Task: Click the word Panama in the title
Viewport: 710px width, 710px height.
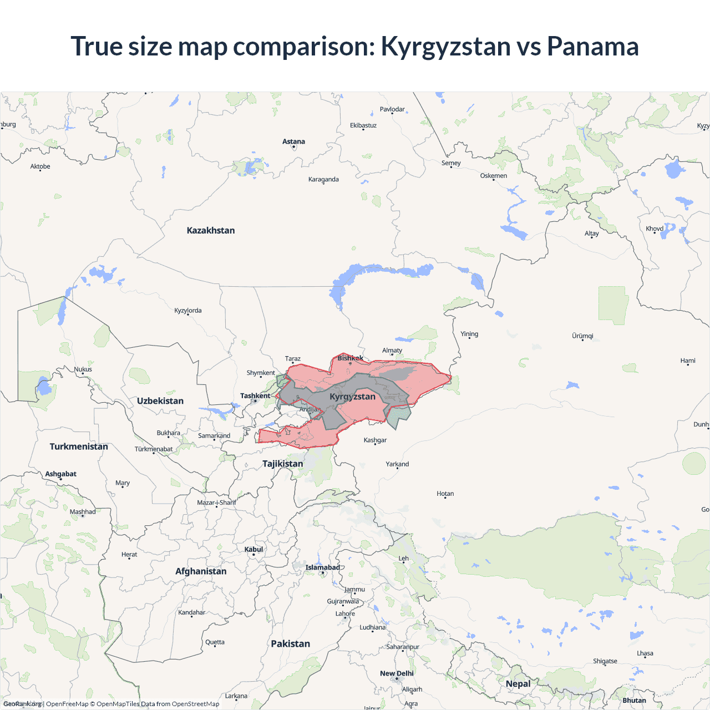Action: tap(592, 46)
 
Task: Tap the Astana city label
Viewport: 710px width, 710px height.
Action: tap(293, 141)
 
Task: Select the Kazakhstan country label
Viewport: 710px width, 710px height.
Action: tap(211, 230)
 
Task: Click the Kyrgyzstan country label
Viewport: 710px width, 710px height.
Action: tap(352, 397)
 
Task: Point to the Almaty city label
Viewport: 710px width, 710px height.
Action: tap(392, 351)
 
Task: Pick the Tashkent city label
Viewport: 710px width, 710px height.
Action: tap(255, 395)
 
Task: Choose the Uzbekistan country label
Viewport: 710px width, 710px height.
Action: tap(160, 400)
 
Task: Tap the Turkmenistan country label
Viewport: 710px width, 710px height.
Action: tap(79, 447)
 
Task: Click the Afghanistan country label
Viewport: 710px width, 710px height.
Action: tap(201, 571)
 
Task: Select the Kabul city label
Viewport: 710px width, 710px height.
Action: tap(253, 549)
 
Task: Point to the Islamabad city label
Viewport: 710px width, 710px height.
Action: tap(322, 567)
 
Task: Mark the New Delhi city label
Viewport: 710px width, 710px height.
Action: tap(397, 673)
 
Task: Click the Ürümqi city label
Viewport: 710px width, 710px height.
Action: tap(582, 336)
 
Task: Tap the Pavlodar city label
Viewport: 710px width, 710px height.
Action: tap(392, 109)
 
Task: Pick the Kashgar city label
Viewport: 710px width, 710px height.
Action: tap(375, 440)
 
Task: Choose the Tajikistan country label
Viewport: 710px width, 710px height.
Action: tap(283, 464)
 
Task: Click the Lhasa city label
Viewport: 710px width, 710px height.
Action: tap(645, 653)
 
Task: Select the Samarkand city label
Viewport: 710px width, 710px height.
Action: tap(214, 435)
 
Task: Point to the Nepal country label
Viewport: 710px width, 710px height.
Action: tap(518, 683)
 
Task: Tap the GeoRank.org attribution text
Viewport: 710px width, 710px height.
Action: tap(22, 704)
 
